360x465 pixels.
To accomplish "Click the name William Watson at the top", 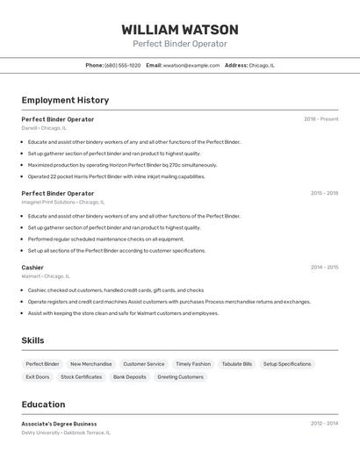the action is (180, 30).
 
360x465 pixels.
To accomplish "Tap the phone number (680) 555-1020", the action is (122, 65).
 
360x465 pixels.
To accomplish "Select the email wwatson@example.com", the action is (191, 65).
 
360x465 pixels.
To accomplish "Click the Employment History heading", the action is (65, 100).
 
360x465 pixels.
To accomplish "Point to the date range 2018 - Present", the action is (320, 119).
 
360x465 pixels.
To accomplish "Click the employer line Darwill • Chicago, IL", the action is (44, 128).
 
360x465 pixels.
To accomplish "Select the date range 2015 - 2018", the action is (324, 193).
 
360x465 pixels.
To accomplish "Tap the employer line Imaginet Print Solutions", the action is (62, 202).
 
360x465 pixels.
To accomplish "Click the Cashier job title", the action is (32, 268).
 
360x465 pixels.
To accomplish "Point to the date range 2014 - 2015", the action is (324, 268).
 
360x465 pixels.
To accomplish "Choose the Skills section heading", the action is (32, 340).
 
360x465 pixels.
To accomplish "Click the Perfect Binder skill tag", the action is (42, 364).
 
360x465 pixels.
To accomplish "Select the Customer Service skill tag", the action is (143, 364).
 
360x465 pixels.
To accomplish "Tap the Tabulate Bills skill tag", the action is (237, 364).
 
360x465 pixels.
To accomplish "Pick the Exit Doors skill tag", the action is (38, 377).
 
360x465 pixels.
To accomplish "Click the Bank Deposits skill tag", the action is (130, 377).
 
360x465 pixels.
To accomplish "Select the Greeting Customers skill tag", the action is (180, 377).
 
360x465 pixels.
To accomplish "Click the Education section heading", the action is (43, 404).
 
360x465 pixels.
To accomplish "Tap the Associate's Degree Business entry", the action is (59, 424).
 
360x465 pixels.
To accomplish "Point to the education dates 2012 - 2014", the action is (324, 424).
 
